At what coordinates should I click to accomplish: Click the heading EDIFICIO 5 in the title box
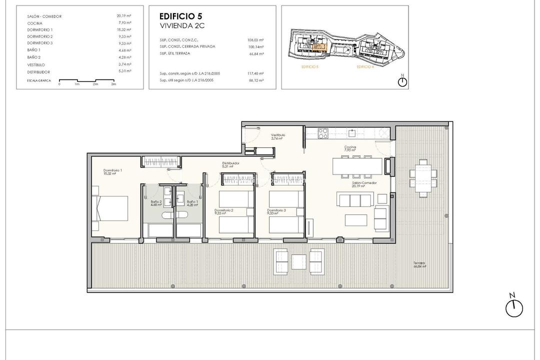180,15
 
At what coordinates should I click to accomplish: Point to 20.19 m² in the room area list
124,16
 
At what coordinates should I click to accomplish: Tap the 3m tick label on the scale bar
113,84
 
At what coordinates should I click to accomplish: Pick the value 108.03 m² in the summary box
256,39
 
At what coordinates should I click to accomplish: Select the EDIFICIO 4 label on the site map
365,66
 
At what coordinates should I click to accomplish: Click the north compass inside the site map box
402,81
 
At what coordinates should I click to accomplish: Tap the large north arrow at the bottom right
513,307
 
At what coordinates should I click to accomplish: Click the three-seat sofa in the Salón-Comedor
355,200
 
